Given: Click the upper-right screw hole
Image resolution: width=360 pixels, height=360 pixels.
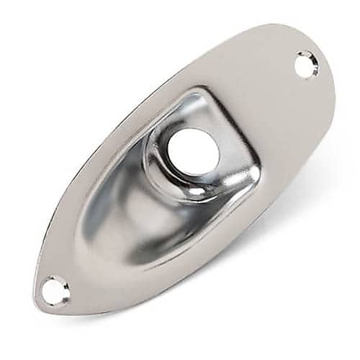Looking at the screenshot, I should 306,65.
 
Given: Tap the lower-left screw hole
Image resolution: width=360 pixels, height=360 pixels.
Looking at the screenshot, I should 55,290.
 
